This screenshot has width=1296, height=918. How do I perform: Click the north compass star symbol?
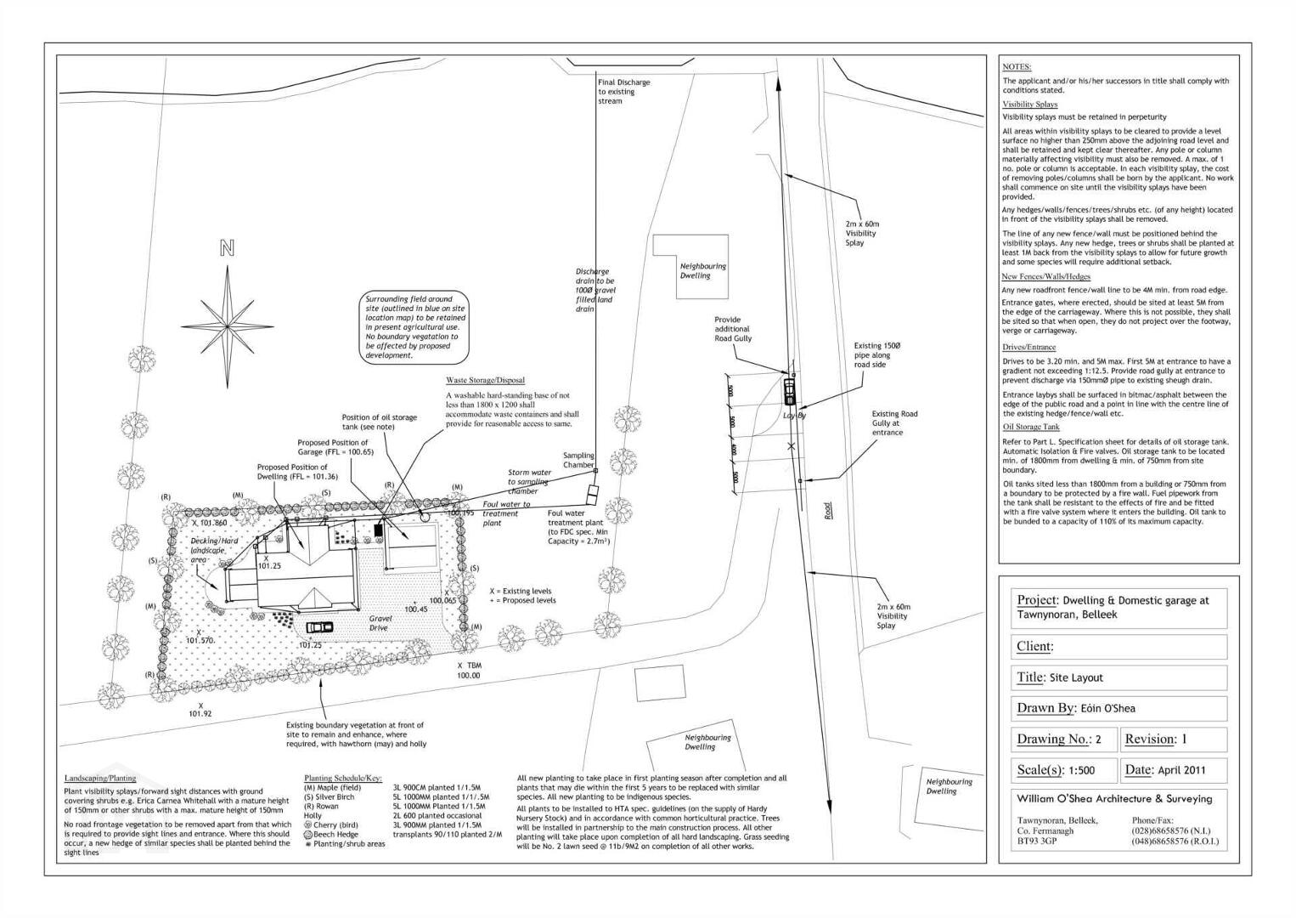(228, 326)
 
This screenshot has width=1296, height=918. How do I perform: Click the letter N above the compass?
(227, 248)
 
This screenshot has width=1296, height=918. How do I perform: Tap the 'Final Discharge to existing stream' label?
(623, 92)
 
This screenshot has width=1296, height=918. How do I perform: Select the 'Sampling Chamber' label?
(578, 460)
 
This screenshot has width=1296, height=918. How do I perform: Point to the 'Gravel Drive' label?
(380, 623)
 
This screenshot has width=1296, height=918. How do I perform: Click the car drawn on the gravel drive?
(319, 627)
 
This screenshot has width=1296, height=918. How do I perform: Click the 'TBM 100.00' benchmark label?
(469, 671)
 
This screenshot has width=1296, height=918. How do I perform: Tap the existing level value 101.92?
(200, 714)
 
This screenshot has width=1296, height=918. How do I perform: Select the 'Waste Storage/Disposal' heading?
(485, 381)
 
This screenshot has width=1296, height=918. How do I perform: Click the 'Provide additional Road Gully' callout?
(733, 329)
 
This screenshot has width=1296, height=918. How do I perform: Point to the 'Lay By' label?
(794, 416)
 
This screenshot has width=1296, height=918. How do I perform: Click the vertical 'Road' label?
(828, 510)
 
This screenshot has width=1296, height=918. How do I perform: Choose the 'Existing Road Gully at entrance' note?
(894, 423)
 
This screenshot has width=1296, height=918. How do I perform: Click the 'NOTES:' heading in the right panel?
(1017, 66)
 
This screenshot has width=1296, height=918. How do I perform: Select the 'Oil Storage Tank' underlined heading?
(1031, 427)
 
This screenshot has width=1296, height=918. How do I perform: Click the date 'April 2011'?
(1181, 770)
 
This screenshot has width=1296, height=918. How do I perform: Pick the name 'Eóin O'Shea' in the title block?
(1108, 708)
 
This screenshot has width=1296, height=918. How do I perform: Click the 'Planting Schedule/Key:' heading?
(343, 778)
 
